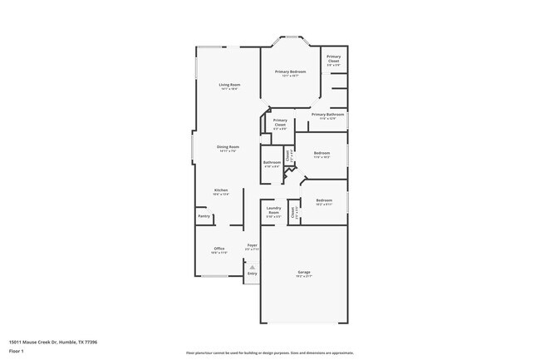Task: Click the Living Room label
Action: click(229, 85)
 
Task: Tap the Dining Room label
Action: click(228, 146)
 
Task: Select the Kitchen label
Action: click(221, 190)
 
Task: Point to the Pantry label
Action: click(204, 216)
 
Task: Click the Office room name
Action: click(219, 248)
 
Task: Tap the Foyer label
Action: click(252, 245)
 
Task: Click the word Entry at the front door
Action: click(253, 273)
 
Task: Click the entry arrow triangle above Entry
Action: click(253, 266)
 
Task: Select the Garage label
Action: click(304, 272)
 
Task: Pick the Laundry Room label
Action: click(273, 211)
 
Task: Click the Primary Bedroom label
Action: click(290, 72)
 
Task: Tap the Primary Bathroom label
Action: click(328, 114)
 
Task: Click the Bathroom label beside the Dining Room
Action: click(272, 162)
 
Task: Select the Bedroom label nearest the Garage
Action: click(324, 200)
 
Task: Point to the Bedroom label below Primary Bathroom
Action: click(322, 153)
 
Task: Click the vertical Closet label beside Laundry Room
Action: click(292, 212)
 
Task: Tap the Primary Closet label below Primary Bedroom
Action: click(280, 122)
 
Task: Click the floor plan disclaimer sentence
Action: click(269, 353)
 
